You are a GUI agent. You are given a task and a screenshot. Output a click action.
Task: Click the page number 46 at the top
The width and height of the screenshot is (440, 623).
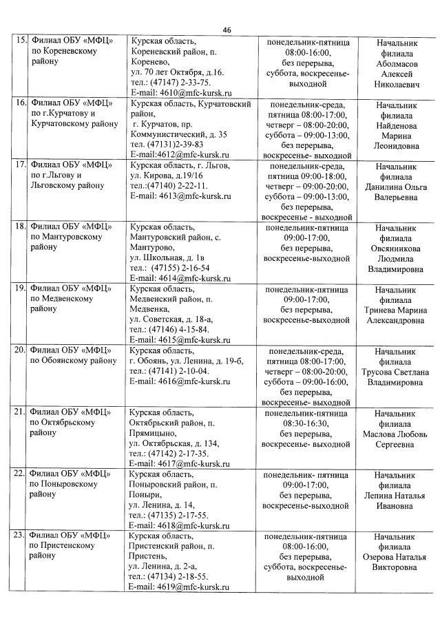pyautogui.click(x=227, y=29)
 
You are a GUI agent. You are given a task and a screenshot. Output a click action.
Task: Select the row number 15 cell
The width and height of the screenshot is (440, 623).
pyautogui.click(x=21, y=41)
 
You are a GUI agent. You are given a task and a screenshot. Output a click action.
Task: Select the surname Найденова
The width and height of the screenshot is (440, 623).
pyautogui.click(x=396, y=125)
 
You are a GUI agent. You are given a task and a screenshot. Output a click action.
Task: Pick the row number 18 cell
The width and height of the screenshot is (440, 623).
pyautogui.click(x=21, y=227)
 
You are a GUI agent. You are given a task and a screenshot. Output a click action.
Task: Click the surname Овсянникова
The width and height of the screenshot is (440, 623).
pyautogui.click(x=396, y=249)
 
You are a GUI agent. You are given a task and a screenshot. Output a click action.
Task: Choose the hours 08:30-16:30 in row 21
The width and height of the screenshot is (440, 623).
pyautogui.click(x=306, y=423)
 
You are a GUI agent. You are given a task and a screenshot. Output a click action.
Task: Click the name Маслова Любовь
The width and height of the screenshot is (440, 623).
pyautogui.click(x=396, y=434)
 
